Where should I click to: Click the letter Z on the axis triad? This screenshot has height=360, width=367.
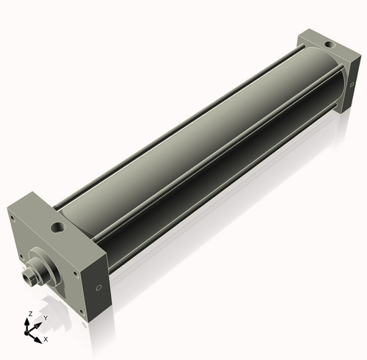(31, 314)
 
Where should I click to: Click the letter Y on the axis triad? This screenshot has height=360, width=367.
(46, 318)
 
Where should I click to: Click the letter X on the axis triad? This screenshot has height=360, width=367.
(46, 339)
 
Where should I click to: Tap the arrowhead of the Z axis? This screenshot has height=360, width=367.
(26, 322)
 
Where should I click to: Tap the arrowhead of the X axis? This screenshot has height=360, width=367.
(37, 340)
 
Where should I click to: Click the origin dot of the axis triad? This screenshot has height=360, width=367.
(26, 333)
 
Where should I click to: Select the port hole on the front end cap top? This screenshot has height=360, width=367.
(58, 228)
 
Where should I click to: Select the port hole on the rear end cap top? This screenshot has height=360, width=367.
(330, 45)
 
